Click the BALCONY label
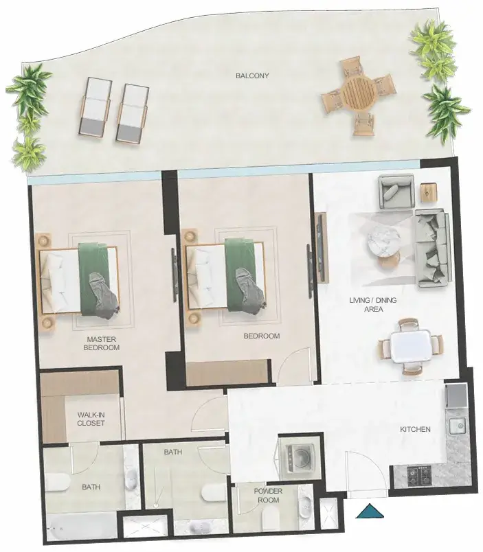click(x=252, y=76)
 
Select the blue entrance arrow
click(x=369, y=511)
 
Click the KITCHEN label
click(x=415, y=429)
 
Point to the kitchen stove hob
click(x=419, y=475)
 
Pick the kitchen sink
click(x=457, y=426)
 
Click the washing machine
click(x=300, y=458)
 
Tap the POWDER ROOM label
click(x=268, y=495)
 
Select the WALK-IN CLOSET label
click(x=91, y=419)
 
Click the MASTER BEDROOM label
click(x=101, y=343)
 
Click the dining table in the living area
click(x=410, y=346)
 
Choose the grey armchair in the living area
click(x=396, y=192)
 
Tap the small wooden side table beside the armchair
click(x=429, y=192)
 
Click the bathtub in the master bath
click(x=82, y=527)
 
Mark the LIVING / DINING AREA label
click(x=373, y=305)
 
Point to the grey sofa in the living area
click(x=432, y=249)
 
